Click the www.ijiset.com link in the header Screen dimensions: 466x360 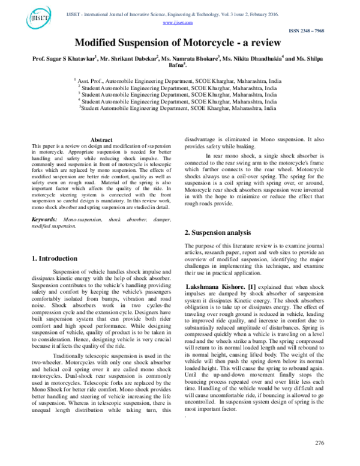coord(178,22)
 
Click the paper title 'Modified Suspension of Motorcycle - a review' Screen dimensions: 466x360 coord(178,44)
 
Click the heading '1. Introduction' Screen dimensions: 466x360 coord(54,258)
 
